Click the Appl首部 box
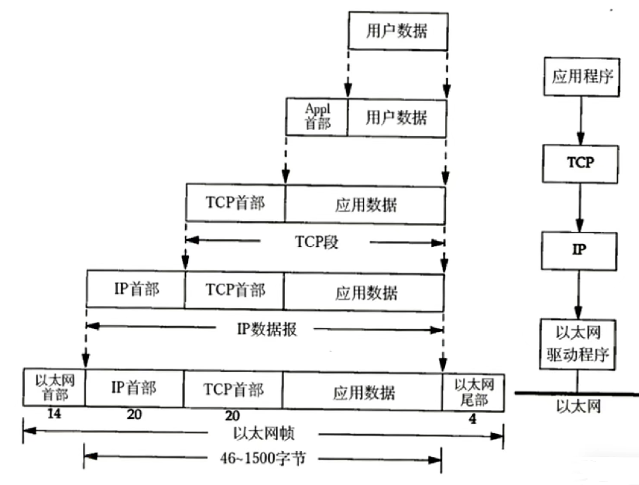click(317, 116)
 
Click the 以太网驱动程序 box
click(579, 345)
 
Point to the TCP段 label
click(316, 241)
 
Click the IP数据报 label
click(266, 329)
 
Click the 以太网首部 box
click(54, 390)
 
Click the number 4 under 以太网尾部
click(473, 418)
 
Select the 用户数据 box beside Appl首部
click(396, 117)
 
